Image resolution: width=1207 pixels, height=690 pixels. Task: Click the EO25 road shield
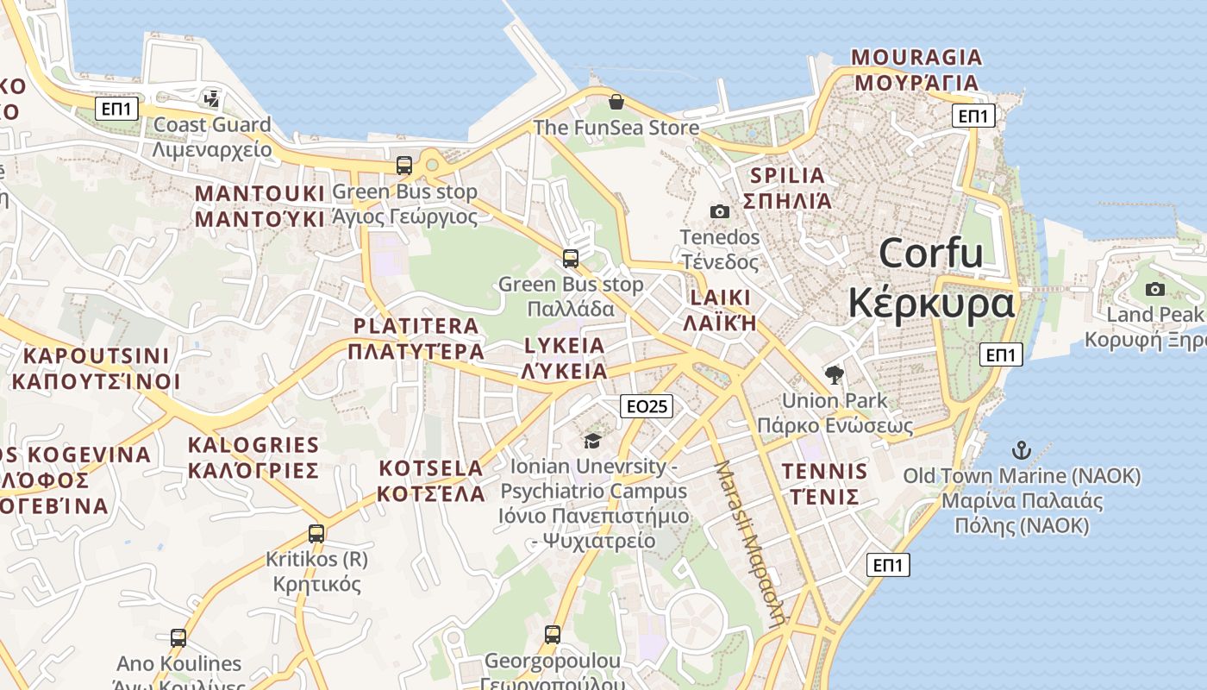click(647, 406)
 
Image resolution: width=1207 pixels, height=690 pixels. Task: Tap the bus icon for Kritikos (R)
click(316, 534)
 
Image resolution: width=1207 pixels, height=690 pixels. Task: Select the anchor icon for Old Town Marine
click(1021, 449)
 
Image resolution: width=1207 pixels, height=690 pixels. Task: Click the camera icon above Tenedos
click(719, 211)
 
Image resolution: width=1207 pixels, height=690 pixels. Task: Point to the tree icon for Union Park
click(834, 374)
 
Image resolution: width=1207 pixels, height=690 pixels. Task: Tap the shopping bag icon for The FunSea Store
click(616, 102)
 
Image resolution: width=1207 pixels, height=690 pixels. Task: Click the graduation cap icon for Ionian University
click(591, 442)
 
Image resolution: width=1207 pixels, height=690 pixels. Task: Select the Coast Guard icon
click(211, 98)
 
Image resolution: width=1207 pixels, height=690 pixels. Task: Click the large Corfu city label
click(931, 279)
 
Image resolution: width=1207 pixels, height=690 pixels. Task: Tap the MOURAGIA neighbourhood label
click(916, 70)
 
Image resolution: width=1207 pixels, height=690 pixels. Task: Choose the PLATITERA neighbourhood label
click(416, 338)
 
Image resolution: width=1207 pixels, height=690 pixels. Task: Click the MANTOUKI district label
click(260, 205)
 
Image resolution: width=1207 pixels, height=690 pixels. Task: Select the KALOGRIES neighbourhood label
click(253, 457)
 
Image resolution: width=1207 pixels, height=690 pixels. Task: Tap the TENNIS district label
click(824, 483)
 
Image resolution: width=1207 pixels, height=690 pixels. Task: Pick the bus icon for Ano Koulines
click(178, 638)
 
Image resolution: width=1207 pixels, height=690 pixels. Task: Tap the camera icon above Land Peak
click(1155, 289)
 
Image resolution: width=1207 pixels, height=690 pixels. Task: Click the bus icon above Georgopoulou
click(553, 636)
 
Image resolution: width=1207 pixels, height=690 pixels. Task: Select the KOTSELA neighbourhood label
click(431, 480)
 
